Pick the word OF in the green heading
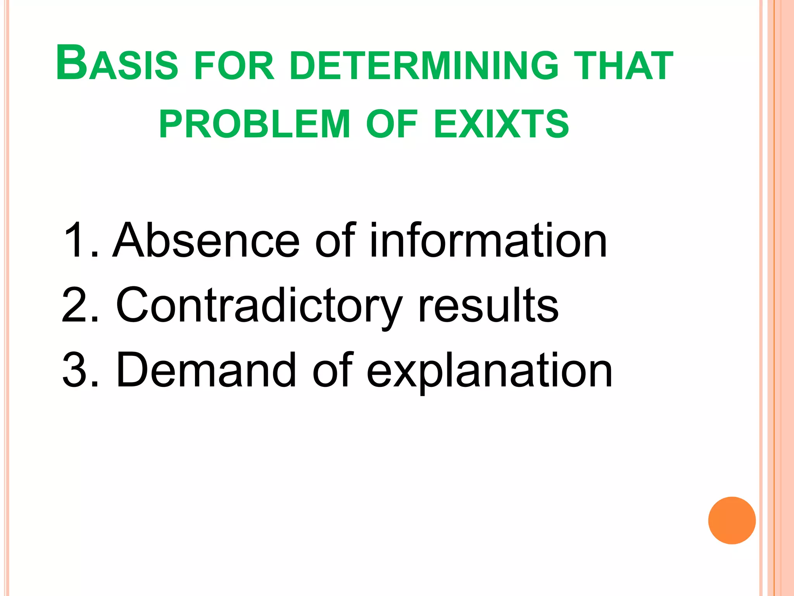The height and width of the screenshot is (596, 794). click(x=392, y=124)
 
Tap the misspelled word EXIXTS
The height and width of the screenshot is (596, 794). click(x=501, y=124)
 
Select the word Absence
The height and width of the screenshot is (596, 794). click(x=206, y=241)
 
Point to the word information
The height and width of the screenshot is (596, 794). click(x=488, y=241)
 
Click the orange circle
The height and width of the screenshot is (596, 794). click(x=732, y=520)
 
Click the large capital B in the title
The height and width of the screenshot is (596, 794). click(x=71, y=63)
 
